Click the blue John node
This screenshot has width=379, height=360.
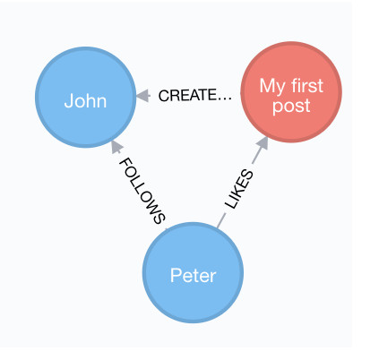[x=86, y=97]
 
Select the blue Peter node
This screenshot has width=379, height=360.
[x=193, y=272]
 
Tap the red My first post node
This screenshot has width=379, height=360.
[x=291, y=92]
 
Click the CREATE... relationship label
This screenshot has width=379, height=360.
[x=195, y=96]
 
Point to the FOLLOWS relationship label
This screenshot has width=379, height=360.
[x=142, y=191]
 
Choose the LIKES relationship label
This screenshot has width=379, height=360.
[x=239, y=189]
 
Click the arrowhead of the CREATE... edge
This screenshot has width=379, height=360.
[x=142, y=96]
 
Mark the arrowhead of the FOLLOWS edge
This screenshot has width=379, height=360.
[x=116, y=147]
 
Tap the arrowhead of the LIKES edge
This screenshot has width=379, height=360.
[x=263, y=143]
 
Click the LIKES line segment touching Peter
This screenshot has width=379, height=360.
[x=221, y=221]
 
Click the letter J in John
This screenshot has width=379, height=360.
[x=68, y=100]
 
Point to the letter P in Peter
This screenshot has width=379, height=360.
[x=176, y=275]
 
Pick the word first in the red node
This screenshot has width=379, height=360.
[x=307, y=86]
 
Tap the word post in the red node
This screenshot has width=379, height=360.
[x=291, y=107]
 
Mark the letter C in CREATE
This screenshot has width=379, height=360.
[x=164, y=96]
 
